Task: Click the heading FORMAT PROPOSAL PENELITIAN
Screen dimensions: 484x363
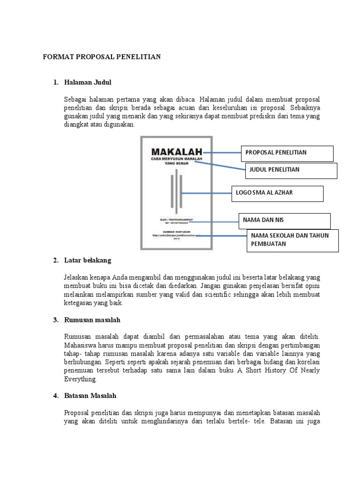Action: point(102,57)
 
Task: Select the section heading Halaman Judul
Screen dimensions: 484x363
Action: point(87,83)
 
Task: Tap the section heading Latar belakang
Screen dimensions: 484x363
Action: point(87,260)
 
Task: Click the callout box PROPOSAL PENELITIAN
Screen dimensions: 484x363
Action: point(287,153)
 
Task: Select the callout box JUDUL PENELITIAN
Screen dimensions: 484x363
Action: point(291,170)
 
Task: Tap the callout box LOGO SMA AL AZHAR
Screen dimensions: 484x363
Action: point(277,193)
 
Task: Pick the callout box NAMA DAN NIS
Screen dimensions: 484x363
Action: point(284,220)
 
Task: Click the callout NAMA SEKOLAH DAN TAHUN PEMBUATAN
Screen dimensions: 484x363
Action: point(293,240)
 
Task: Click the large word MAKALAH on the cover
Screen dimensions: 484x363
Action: point(176,152)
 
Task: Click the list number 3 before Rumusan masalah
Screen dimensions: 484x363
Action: point(55,320)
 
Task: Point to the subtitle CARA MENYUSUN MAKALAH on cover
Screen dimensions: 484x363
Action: point(176,160)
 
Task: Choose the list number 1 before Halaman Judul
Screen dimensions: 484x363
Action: point(55,83)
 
